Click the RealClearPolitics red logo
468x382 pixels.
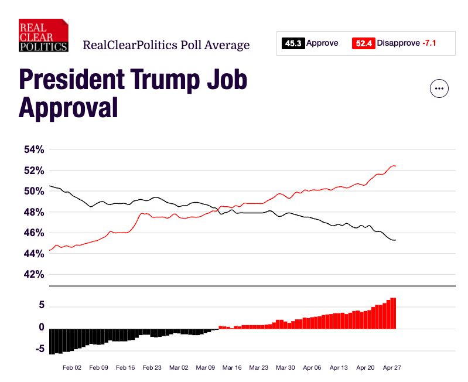pyautogui.click(x=43, y=36)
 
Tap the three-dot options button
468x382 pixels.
pyautogui.click(x=439, y=88)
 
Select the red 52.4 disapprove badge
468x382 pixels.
pyautogui.click(x=363, y=43)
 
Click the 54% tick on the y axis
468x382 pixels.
pyautogui.click(x=34, y=150)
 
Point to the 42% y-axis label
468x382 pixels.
pyautogui.click(x=34, y=275)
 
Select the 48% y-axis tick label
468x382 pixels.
pyautogui.click(x=34, y=212)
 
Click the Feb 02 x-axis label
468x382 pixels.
pyautogui.click(x=72, y=368)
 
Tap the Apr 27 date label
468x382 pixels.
pyautogui.click(x=391, y=368)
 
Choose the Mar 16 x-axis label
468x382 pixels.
pyautogui.click(x=231, y=368)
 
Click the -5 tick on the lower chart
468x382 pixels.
pyautogui.click(x=39, y=349)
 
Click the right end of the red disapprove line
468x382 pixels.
pyautogui.click(x=395, y=166)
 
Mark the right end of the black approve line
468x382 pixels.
pyautogui.click(x=395, y=240)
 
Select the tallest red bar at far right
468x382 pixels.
pyautogui.click(x=394, y=313)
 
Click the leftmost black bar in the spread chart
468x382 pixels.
pyautogui.click(x=52, y=341)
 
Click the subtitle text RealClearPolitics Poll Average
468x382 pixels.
pyautogui.click(x=166, y=45)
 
